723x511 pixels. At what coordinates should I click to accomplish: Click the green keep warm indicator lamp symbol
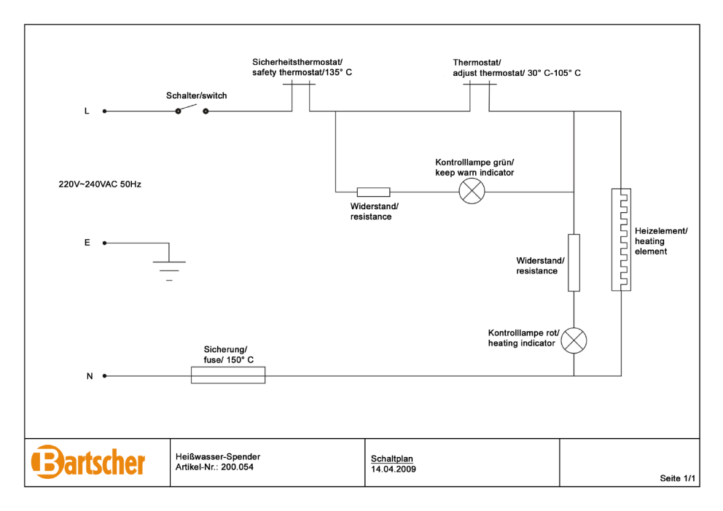(x=472, y=191)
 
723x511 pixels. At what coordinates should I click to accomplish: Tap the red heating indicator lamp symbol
(x=574, y=340)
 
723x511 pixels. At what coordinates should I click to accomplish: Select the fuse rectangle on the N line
(x=228, y=375)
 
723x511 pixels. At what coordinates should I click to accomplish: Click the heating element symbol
(x=621, y=239)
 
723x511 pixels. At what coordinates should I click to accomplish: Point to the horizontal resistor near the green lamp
(x=373, y=192)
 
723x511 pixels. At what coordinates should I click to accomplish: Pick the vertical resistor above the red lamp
(x=574, y=263)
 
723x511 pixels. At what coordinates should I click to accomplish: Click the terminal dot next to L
(x=105, y=111)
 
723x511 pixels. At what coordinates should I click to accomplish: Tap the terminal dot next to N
(x=105, y=376)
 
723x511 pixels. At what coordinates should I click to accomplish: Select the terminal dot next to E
(x=105, y=243)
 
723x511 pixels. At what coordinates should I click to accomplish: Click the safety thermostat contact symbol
(x=300, y=97)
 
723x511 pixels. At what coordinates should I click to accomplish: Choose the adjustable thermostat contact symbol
(x=480, y=97)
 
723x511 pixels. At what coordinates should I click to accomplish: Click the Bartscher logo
(x=87, y=462)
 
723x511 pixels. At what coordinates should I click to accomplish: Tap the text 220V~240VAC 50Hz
(x=100, y=184)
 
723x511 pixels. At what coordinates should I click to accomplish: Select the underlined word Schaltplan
(x=392, y=459)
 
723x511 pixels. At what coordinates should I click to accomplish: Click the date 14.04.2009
(x=394, y=469)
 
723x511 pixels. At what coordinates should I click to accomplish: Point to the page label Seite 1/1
(x=677, y=478)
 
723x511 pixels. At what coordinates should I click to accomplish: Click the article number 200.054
(x=238, y=467)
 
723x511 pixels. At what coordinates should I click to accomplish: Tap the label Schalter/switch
(x=197, y=96)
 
